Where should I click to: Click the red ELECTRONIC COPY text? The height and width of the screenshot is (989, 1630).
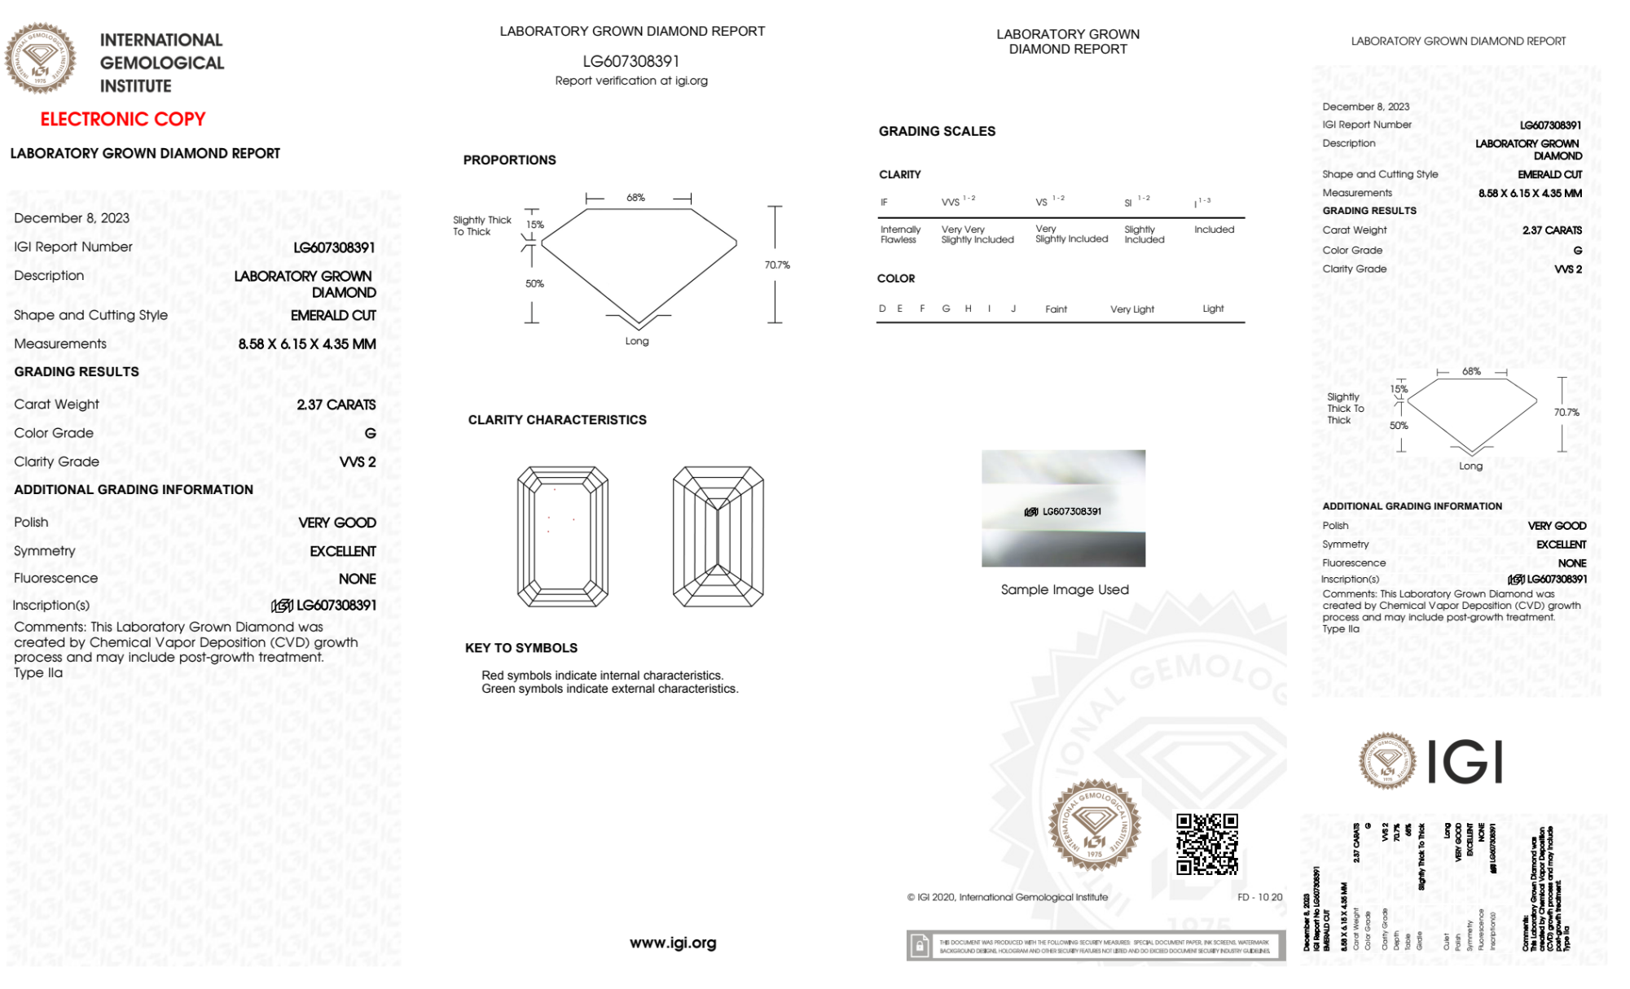tap(123, 119)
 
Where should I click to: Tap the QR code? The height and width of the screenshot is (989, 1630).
tap(1206, 844)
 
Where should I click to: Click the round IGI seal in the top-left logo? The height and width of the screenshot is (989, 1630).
tap(40, 58)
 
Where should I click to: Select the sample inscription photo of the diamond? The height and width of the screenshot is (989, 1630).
tap(1063, 508)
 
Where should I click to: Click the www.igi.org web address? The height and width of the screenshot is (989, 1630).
tap(673, 943)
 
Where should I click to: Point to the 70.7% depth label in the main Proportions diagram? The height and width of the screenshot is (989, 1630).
tap(777, 265)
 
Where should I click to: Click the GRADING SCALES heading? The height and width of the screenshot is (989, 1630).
tap(937, 131)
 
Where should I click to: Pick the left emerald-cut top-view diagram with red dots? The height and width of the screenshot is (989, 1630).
tap(563, 536)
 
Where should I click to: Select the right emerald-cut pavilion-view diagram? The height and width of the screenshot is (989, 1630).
tap(718, 536)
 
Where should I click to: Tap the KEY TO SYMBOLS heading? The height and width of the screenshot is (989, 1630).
tap(521, 648)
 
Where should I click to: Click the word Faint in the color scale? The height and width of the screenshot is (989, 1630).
tap(1056, 309)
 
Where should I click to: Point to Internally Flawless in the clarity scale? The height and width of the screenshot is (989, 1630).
tap(900, 234)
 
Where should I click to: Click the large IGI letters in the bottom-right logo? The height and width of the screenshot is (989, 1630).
tap(1465, 763)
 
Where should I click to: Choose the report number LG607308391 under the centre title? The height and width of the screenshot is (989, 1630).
tap(630, 61)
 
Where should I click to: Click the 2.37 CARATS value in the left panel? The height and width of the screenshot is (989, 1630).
tap(336, 405)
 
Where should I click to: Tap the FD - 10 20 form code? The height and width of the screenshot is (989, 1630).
tap(1259, 897)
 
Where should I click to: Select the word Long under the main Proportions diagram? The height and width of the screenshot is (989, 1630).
tap(637, 341)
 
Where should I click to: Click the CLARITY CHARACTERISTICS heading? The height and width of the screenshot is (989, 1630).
tap(557, 420)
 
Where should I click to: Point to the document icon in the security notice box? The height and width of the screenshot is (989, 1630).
tap(920, 946)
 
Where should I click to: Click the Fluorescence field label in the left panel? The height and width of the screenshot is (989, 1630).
tap(55, 578)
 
